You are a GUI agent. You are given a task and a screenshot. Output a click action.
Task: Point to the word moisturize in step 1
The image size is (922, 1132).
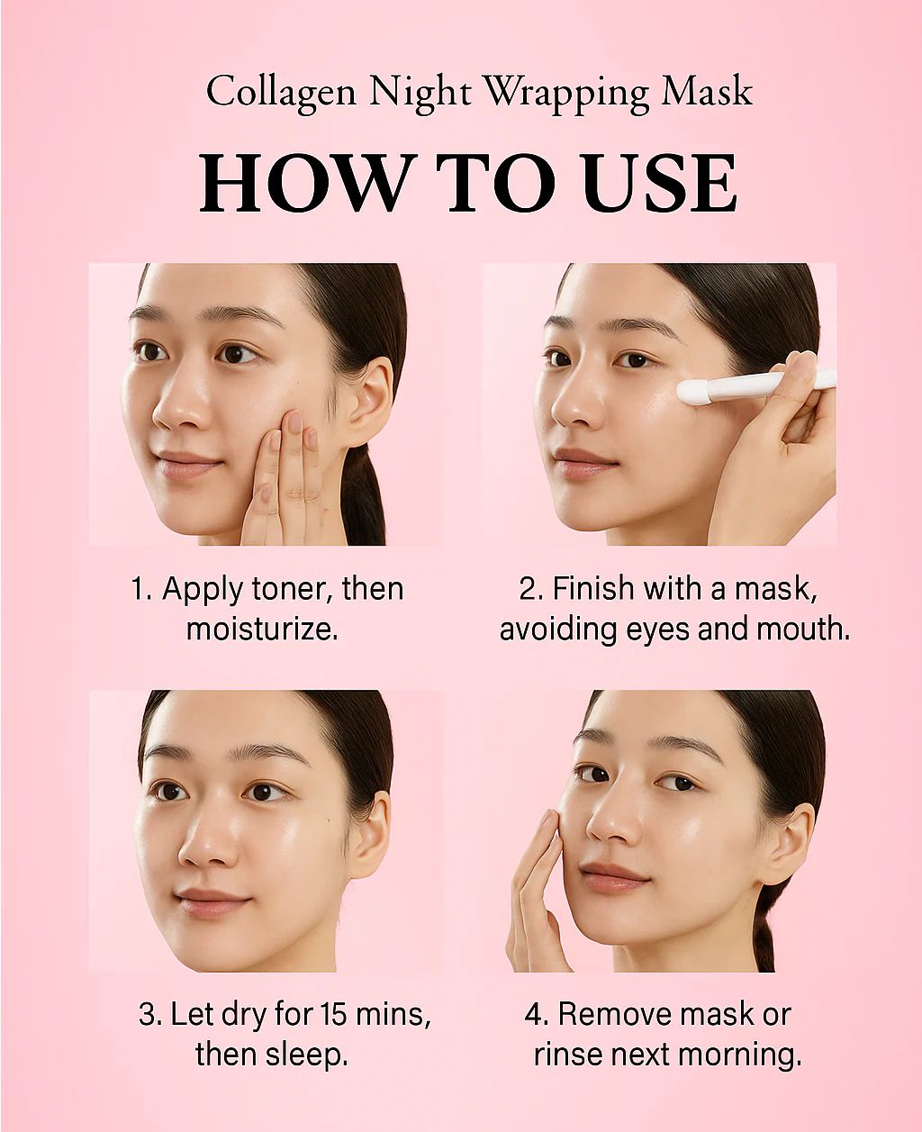tap(263, 629)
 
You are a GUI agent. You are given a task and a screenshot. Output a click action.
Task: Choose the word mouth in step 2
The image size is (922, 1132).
tap(804, 629)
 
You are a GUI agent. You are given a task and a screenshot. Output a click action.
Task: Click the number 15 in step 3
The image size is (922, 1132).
tap(334, 1015)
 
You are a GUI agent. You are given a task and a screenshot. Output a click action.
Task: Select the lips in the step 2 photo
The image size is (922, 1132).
tap(583, 461)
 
